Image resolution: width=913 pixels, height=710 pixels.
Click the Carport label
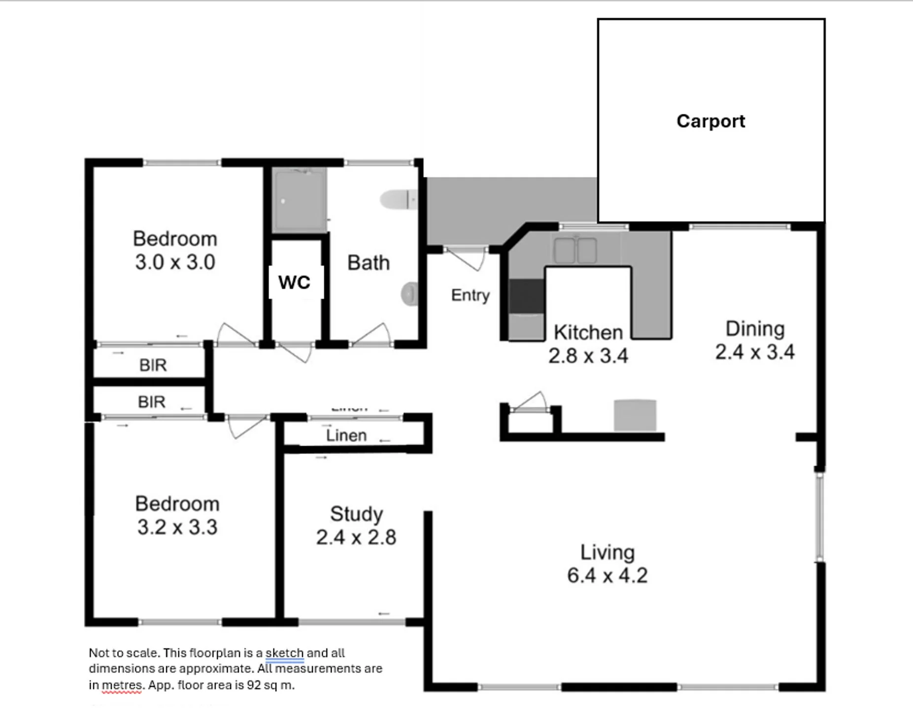tap(710, 121)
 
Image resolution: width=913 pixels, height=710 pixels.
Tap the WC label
tap(294, 283)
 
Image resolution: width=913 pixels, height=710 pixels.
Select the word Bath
tap(369, 263)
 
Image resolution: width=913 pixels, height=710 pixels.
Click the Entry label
tap(471, 295)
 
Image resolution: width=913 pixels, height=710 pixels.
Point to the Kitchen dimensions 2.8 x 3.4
tap(588, 356)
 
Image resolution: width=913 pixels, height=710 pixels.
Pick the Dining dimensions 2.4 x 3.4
tap(755, 352)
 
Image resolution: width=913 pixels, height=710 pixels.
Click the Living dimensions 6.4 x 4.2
tap(607, 575)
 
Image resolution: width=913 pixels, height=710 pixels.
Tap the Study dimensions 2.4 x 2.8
tap(356, 537)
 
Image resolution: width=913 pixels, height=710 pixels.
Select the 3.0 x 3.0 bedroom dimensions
tap(175, 262)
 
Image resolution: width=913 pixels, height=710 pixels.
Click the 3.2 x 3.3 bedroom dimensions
tap(177, 528)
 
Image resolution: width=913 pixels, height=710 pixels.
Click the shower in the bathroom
tap(300, 200)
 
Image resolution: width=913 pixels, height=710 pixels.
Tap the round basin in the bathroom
tap(409, 294)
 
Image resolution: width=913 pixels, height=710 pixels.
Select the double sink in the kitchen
tap(575, 250)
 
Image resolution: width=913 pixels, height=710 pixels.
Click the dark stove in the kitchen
tap(527, 296)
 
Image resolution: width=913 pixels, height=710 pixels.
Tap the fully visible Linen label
tap(346, 436)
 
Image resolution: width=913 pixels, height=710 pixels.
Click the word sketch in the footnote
tap(285, 653)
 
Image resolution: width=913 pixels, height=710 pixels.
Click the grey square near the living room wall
tap(635, 416)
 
